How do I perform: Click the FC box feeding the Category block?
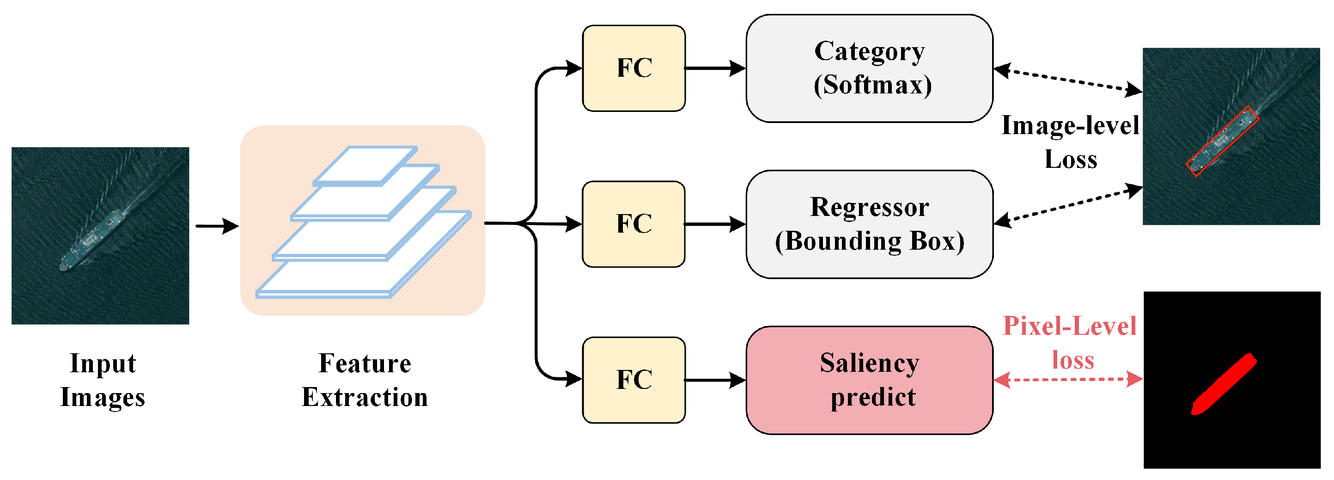(634, 68)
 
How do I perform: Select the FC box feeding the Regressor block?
(634, 224)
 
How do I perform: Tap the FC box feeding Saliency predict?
(634, 380)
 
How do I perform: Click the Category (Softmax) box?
(869, 68)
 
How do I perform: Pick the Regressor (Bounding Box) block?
(869, 224)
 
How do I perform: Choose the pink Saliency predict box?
(869, 380)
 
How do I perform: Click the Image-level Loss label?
(1070, 142)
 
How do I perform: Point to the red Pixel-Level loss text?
(1070, 342)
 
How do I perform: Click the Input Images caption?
(103, 380)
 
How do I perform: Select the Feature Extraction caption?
(365, 380)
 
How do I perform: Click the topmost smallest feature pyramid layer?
(365, 164)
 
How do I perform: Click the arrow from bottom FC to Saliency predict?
(715, 380)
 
